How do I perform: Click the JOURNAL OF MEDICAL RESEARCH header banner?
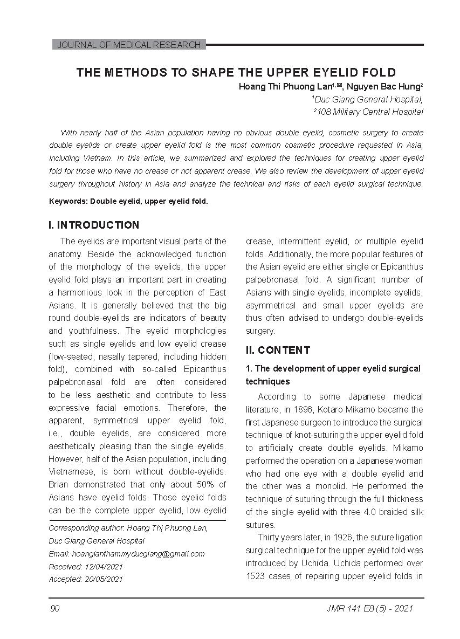coord(128,45)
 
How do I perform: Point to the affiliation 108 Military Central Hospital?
coord(369,112)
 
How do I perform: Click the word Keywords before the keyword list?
coord(68,201)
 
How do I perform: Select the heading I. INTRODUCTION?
coord(94,225)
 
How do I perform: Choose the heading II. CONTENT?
coord(278,350)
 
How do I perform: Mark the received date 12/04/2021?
coord(104,567)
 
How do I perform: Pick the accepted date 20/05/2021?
coord(104,580)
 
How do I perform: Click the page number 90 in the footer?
coord(54,609)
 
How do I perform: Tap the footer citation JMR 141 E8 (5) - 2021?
coord(370,609)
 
